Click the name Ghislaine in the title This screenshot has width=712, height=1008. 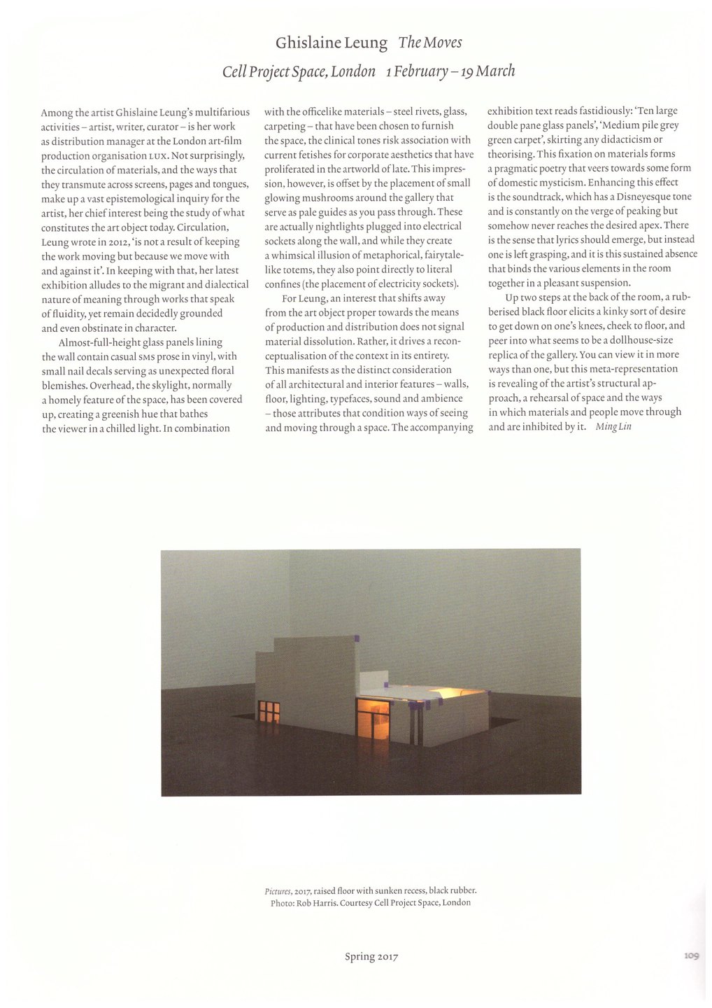click(306, 43)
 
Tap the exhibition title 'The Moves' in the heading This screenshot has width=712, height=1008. click(430, 43)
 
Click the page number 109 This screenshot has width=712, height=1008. click(691, 955)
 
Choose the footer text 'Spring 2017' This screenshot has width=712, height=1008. click(371, 956)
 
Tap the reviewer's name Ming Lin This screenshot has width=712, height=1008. click(613, 426)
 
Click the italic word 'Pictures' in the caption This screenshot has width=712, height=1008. click(278, 891)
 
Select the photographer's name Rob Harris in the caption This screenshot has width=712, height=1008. click(316, 903)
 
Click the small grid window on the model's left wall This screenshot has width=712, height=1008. click(269, 712)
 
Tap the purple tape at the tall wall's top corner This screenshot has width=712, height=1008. click(356, 638)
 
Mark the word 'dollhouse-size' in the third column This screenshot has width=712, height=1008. click(639, 340)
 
